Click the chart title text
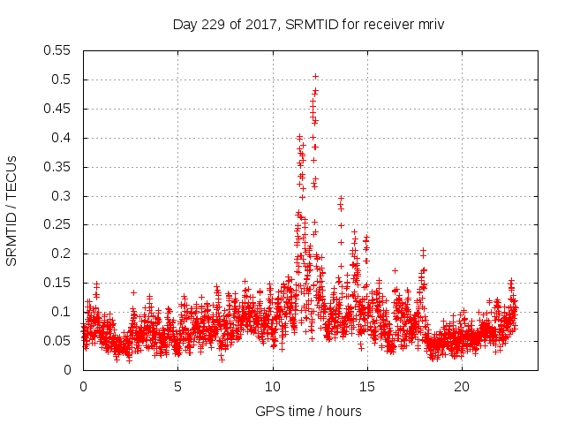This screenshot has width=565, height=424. point(307,25)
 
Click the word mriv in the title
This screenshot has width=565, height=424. point(428,25)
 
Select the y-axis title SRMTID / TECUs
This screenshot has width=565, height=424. point(12,210)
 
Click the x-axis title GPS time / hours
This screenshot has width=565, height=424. point(308,411)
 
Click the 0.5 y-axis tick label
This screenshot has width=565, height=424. point(64,79)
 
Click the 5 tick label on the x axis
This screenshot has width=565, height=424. point(177,387)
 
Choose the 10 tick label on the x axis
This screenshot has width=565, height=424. point(273,387)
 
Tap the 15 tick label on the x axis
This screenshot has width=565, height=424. point(367,387)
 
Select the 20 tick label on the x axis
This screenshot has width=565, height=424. point(462,387)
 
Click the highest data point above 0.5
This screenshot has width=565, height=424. point(315,77)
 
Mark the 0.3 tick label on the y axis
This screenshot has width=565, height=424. point(64,196)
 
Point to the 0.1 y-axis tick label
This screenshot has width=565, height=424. point(64,312)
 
